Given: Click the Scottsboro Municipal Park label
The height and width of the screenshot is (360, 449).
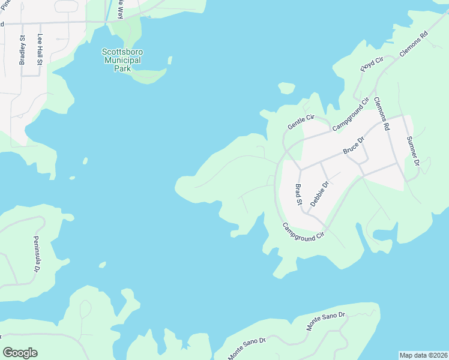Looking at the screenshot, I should (x=122, y=61).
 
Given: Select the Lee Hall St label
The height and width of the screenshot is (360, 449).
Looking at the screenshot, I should (x=40, y=49).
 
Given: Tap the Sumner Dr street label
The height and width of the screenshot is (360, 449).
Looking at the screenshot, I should (x=412, y=150).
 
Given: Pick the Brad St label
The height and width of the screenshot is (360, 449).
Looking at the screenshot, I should (x=298, y=194).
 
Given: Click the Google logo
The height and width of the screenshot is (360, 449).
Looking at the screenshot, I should (x=20, y=353).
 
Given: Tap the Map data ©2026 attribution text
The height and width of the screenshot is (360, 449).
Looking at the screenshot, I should (x=424, y=355).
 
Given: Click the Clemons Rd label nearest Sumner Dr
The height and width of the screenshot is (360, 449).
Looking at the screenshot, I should (x=382, y=114).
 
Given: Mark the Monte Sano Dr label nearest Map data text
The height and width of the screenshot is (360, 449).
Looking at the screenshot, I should (x=326, y=322).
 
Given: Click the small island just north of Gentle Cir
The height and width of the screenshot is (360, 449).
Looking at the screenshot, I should (x=287, y=88).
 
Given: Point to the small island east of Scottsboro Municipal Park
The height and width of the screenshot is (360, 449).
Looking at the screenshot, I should (x=170, y=60).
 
